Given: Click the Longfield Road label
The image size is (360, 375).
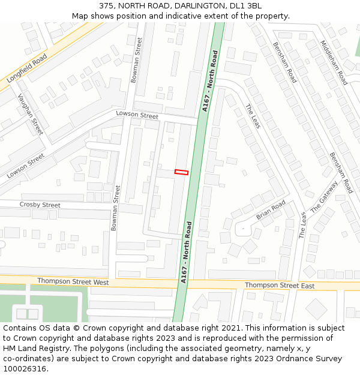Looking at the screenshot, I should tap(27, 68).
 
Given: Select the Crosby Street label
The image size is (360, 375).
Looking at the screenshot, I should tap(40, 205).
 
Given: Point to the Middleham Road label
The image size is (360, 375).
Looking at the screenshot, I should tap(334, 62).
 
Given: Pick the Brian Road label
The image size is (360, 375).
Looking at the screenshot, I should tap(271, 211).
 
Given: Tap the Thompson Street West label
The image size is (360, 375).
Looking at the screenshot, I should tap(73, 281).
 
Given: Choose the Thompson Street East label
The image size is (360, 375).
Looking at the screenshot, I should tap(280, 286).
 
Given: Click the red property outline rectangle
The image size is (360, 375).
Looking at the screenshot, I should tap(181, 172).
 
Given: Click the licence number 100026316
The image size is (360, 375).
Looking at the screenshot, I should tap(25, 368).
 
